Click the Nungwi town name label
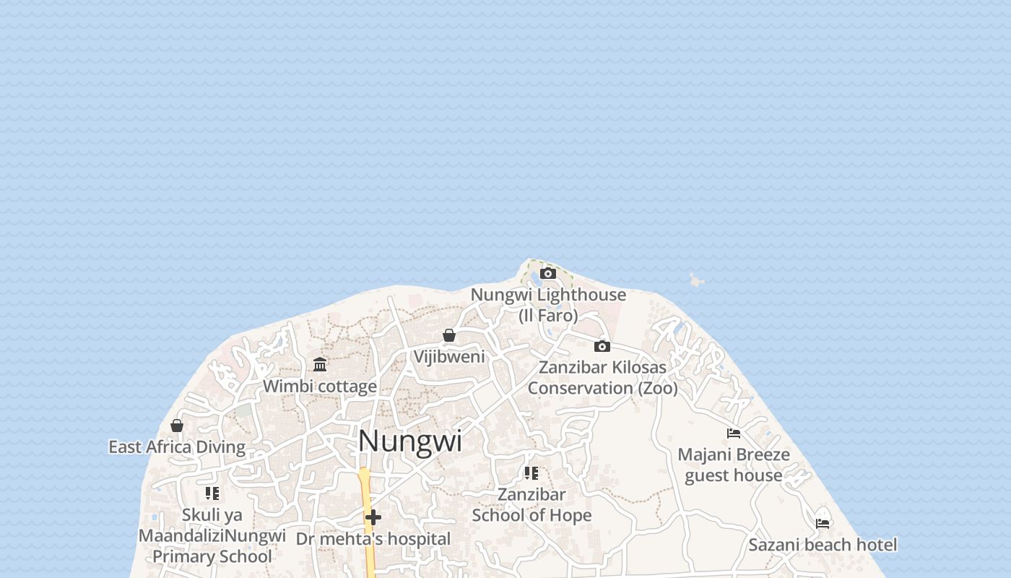point(409,441)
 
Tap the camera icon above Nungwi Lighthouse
point(548,273)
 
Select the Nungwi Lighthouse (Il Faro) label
point(548,305)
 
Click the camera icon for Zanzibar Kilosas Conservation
point(602,346)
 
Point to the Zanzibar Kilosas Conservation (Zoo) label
point(602,377)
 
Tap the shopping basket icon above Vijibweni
point(449,335)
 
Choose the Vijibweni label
point(449,357)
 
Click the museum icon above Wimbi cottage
point(320,364)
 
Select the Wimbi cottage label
point(320,387)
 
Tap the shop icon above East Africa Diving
point(177,426)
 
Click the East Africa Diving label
point(177,447)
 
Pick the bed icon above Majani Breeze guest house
point(734,433)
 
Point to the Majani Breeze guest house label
point(734,465)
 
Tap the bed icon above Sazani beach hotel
point(823,523)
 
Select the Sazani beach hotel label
point(823,545)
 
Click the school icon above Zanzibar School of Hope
point(531,473)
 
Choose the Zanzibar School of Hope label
point(531,504)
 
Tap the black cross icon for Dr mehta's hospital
point(373,517)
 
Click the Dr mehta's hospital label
point(373,539)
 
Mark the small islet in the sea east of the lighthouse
point(695,280)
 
